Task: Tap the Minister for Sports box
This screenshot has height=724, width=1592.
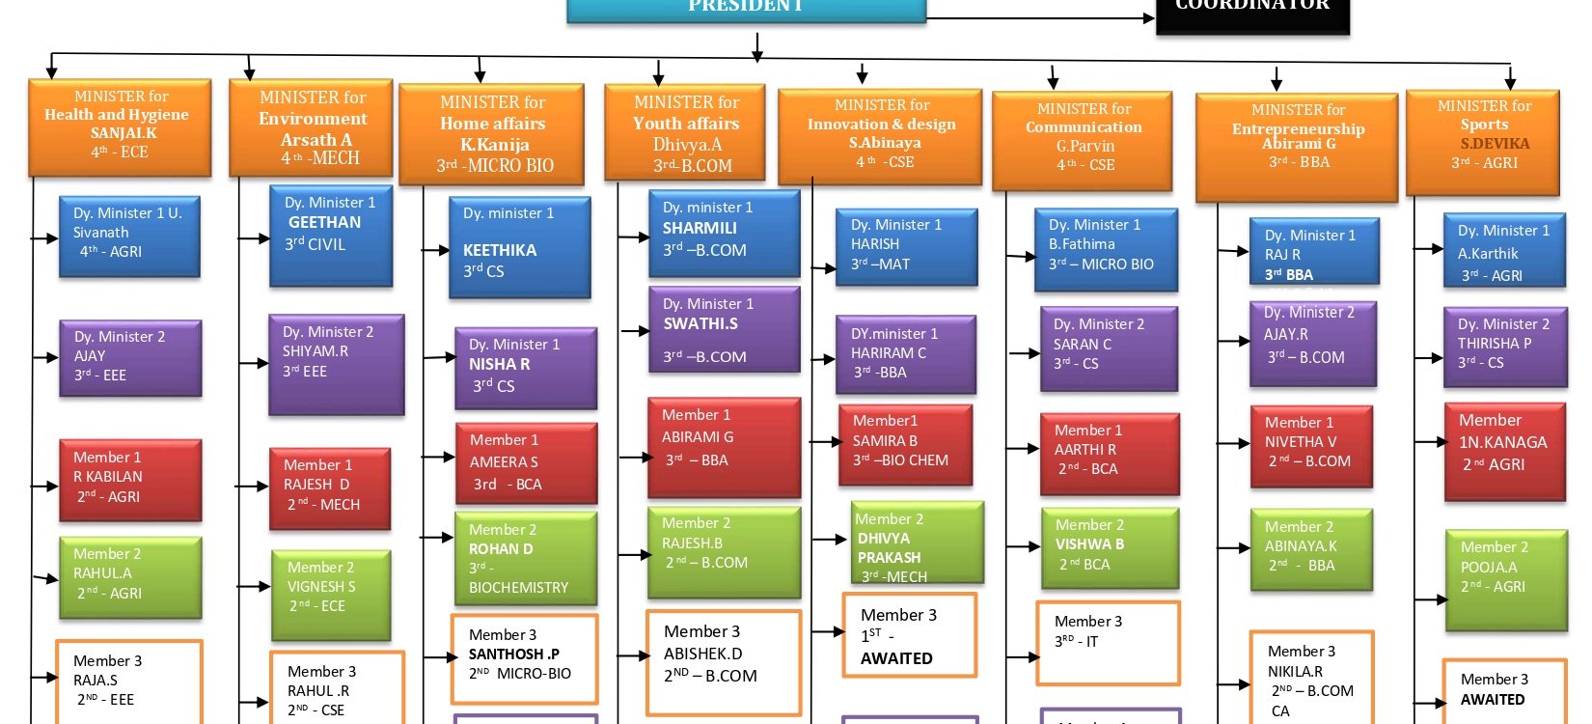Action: pyautogui.click(x=1483, y=141)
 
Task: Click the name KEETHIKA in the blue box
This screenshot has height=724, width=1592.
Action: pyautogui.click(x=500, y=250)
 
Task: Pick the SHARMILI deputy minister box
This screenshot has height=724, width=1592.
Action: pyautogui.click(x=724, y=233)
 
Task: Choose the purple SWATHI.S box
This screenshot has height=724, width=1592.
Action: pyautogui.click(x=724, y=329)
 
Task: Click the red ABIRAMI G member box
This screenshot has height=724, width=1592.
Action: pyautogui.click(x=724, y=447)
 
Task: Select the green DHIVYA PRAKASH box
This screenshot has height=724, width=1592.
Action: pyautogui.click(x=917, y=542)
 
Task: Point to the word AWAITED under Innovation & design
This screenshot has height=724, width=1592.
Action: pyautogui.click(x=896, y=658)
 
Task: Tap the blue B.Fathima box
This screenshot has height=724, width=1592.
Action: pyautogui.click(x=1106, y=248)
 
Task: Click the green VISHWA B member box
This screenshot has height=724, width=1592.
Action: pyautogui.click(x=1110, y=547)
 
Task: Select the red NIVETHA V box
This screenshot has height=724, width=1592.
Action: pyautogui.click(x=1310, y=446)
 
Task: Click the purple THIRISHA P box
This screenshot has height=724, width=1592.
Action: pyautogui.click(x=1504, y=346)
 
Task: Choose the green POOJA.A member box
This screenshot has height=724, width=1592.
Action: pyautogui.click(x=1505, y=579)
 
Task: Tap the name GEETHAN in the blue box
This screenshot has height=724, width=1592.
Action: pyautogui.click(x=324, y=222)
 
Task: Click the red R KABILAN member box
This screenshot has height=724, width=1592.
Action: pyautogui.click(x=129, y=480)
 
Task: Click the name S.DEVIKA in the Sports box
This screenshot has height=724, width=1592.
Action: pyautogui.click(x=1495, y=143)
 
